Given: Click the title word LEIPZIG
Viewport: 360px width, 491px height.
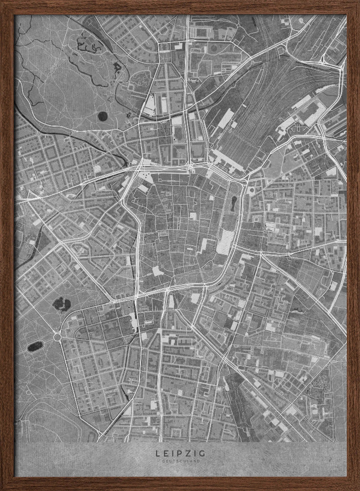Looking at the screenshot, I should click(x=180, y=454).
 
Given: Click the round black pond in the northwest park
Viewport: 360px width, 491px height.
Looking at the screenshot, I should click(x=102, y=116).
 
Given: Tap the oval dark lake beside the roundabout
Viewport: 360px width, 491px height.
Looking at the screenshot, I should click(x=35, y=347).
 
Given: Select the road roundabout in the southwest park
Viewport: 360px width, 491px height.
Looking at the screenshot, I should click(x=57, y=337).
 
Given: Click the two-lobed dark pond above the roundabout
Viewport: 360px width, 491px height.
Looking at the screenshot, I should click(x=61, y=304).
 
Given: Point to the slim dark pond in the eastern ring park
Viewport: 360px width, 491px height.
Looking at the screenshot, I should click(x=235, y=203).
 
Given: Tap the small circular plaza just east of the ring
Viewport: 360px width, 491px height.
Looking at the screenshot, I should click(x=251, y=190).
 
